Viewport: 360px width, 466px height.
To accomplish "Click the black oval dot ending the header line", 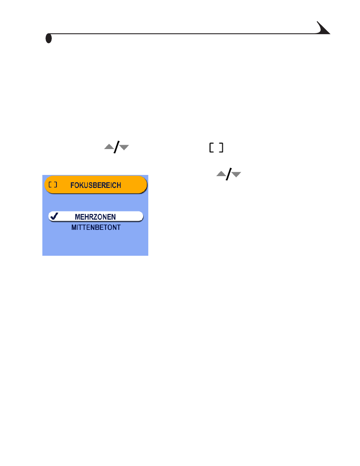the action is coord(49,38).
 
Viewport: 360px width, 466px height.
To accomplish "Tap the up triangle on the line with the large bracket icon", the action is coord(109,147).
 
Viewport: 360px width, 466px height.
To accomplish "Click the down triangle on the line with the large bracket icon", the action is coord(124,147).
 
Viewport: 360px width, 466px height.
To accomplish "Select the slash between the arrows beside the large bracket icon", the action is coord(116,147).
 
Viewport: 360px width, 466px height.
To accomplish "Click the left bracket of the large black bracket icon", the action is coord(211,148).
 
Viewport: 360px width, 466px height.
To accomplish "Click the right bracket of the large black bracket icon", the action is coord(221,148).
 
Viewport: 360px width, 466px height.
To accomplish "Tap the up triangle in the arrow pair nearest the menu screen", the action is coord(221,173).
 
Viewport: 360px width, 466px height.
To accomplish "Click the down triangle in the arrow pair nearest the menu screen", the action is coord(236,175).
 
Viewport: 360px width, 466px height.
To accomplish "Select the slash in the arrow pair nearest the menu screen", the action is coord(229,174).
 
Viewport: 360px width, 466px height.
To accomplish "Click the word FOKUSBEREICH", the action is coord(96,186).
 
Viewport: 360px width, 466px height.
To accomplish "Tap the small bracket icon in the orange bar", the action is coord(53,185).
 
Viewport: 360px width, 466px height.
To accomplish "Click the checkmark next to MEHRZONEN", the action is coord(54,216).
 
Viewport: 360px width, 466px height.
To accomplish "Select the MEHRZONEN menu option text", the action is coord(95,217).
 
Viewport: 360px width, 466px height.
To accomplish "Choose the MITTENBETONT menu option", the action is coord(96,228).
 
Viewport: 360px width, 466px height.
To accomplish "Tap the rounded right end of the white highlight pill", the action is coord(142,217).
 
